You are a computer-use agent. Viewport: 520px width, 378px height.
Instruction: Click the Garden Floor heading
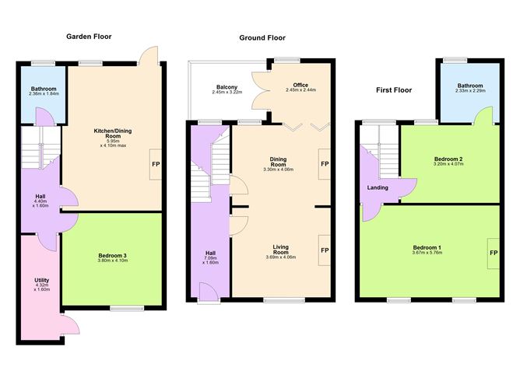[x=89, y=37]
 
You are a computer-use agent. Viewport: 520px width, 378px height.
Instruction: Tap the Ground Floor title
[x=262, y=38]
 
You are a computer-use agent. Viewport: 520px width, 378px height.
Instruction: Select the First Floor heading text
[x=394, y=90]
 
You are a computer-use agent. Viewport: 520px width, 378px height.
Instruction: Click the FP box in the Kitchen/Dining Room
[x=155, y=164]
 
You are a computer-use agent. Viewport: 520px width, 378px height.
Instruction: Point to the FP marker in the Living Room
[x=325, y=250]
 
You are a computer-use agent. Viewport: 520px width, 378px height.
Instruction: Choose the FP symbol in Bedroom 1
[x=494, y=253]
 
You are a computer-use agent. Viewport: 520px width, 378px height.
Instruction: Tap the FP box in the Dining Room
[x=325, y=164]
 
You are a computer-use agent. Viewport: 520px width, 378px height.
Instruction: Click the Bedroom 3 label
[x=112, y=255]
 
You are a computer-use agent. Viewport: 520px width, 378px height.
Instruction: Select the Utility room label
[x=42, y=280]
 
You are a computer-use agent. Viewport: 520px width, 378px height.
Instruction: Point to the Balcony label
[x=227, y=87]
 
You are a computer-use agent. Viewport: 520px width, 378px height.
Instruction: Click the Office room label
[x=300, y=85]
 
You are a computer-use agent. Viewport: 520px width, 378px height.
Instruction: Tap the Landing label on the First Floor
[x=378, y=187]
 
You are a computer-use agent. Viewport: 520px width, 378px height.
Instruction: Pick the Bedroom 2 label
[x=448, y=159]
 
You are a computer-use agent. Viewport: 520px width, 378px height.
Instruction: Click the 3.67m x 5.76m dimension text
[x=427, y=253]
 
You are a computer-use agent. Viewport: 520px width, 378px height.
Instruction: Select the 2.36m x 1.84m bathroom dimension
[x=44, y=94]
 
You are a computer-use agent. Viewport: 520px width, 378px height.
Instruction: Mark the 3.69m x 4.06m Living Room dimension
[x=281, y=257]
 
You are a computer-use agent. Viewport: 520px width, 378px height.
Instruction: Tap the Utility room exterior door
[x=70, y=324]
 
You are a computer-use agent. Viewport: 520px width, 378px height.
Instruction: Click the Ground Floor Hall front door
[x=209, y=292]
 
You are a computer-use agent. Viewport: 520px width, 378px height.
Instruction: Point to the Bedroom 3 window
[x=127, y=309]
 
